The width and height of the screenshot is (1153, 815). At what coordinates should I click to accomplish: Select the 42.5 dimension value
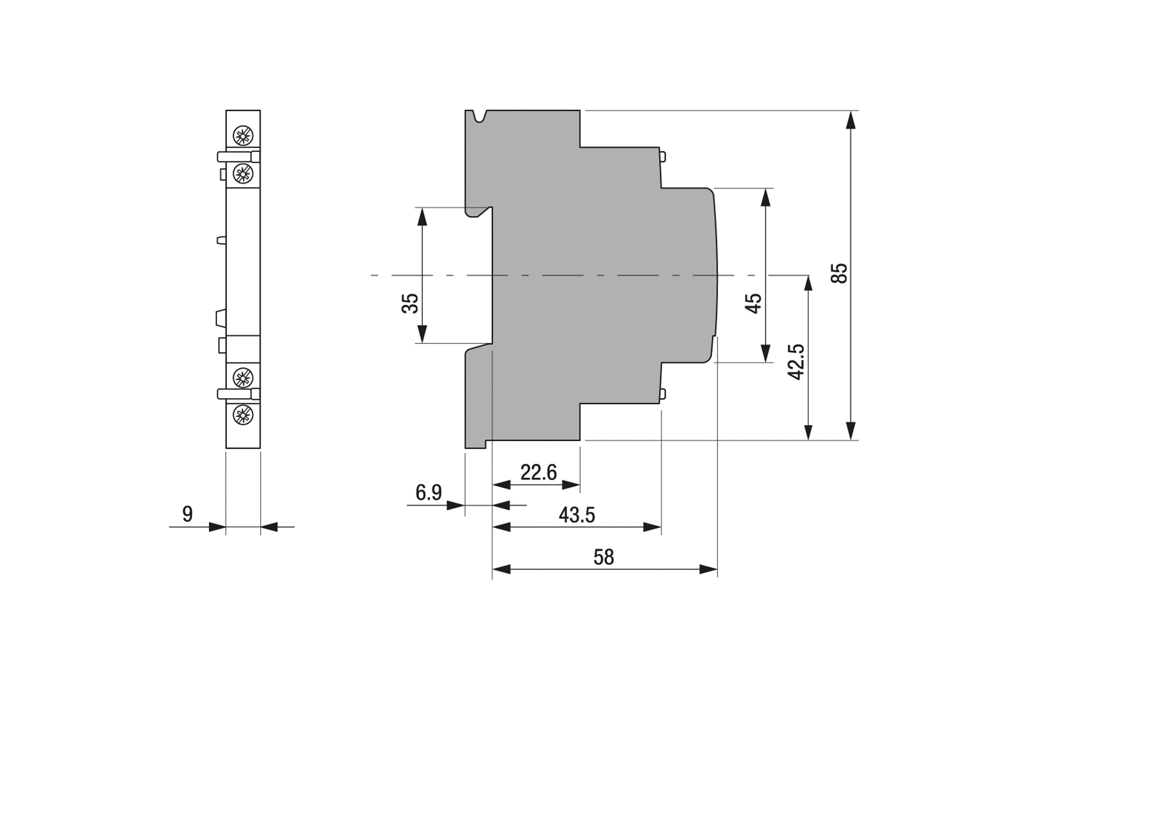click(796, 361)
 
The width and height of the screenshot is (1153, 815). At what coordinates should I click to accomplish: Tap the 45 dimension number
click(754, 304)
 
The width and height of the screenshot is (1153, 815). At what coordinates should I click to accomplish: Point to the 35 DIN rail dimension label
click(410, 303)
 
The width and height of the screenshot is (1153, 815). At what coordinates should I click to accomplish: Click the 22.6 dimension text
click(539, 473)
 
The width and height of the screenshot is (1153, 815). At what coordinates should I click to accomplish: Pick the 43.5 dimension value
click(577, 515)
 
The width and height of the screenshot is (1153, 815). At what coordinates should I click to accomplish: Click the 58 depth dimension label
click(604, 557)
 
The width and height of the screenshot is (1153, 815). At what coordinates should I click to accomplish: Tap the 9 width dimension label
click(187, 514)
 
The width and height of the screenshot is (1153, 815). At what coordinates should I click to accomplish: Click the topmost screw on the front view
click(243, 136)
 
